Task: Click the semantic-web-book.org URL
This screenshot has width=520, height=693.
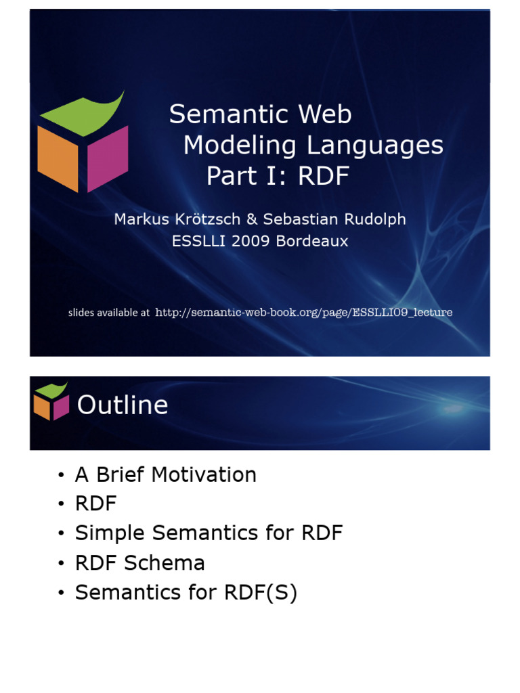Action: [x=303, y=312]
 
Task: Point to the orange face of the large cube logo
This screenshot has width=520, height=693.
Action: [x=58, y=159]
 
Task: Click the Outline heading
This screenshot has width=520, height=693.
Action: [x=123, y=405]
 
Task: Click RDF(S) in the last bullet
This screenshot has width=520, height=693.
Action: [x=261, y=593]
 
